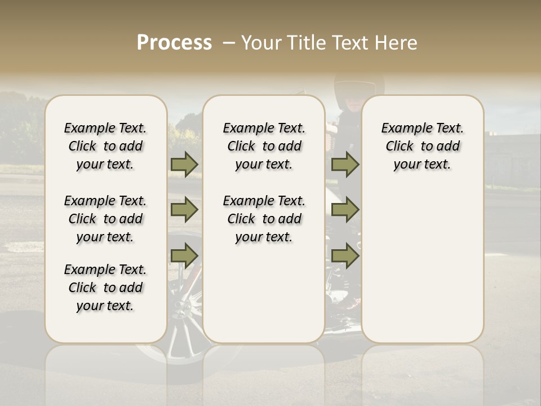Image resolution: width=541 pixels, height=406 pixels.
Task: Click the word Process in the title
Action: (x=174, y=42)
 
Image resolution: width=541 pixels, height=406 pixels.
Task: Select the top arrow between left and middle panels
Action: (x=184, y=165)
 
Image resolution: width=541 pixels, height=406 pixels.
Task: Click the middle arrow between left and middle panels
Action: (x=184, y=210)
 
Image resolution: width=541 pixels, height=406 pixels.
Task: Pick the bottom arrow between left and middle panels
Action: (x=184, y=255)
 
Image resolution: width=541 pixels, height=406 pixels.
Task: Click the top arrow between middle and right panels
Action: (x=345, y=165)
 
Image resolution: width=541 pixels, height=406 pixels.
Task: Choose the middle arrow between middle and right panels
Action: (x=345, y=210)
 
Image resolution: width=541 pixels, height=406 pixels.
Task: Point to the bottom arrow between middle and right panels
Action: (x=345, y=255)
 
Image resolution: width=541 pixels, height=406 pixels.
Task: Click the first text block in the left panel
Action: (x=105, y=146)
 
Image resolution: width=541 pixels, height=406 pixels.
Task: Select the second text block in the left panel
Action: (x=105, y=219)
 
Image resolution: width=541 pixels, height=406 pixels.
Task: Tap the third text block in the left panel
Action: (x=105, y=288)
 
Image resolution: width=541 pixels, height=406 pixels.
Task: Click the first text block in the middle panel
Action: (x=264, y=146)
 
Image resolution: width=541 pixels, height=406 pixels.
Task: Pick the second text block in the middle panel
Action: (x=264, y=219)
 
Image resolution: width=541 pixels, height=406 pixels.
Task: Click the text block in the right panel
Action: (x=423, y=146)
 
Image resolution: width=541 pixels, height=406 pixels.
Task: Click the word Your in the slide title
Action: (x=261, y=43)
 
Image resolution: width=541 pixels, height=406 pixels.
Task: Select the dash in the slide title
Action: (x=228, y=43)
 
